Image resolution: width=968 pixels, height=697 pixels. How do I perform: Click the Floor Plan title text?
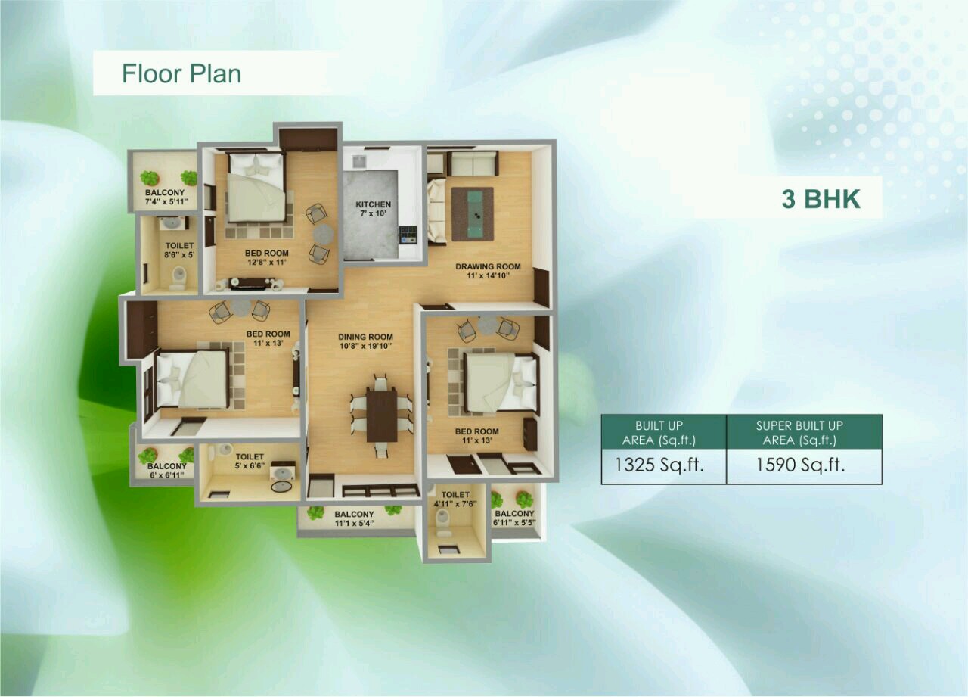pyautogui.click(x=181, y=73)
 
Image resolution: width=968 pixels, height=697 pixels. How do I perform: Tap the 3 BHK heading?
pyautogui.click(x=821, y=199)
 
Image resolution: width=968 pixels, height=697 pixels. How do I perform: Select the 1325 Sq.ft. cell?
pyautogui.click(x=659, y=465)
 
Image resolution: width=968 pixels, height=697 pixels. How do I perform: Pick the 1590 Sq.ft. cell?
pyautogui.click(x=800, y=465)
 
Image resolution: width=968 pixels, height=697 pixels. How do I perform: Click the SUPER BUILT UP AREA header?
pyautogui.click(x=799, y=433)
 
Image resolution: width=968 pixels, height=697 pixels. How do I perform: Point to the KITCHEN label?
pyautogui.click(x=374, y=204)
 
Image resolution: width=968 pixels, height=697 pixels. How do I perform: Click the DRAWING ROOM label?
pyautogui.click(x=488, y=266)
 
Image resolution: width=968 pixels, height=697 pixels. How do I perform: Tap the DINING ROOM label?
pyautogui.click(x=365, y=337)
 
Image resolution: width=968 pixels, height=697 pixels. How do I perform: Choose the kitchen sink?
pyautogui.click(x=358, y=161)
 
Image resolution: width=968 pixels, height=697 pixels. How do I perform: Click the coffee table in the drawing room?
pyautogui.click(x=473, y=214)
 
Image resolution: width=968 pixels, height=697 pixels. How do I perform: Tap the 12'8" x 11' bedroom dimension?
pyautogui.click(x=267, y=262)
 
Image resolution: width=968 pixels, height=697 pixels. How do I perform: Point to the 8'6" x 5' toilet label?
pyautogui.click(x=179, y=255)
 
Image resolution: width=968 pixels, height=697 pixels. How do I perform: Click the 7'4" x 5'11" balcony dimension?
pyautogui.click(x=166, y=201)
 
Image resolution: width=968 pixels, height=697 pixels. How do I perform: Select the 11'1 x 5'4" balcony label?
pyautogui.click(x=354, y=523)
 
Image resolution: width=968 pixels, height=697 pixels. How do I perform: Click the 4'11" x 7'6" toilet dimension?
pyautogui.click(x=455, y=503)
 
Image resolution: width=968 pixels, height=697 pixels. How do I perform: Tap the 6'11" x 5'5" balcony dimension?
pyautogui.click(x=515, y=522)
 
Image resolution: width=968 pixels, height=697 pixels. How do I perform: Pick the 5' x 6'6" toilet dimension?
pyautogui.click(x=250, y=465)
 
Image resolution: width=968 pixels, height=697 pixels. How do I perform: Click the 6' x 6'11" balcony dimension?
pyautogui.click(x=167, y=475)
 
